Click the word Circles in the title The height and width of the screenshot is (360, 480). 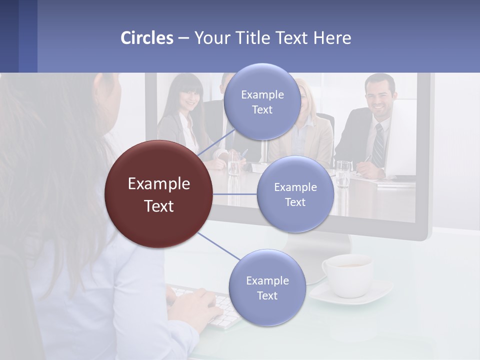147,38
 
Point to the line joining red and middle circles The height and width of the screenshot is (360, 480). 234,194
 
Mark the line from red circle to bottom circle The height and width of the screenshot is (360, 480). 219,246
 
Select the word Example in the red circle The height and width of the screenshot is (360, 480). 158,184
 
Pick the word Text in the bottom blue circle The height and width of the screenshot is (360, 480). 267,295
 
